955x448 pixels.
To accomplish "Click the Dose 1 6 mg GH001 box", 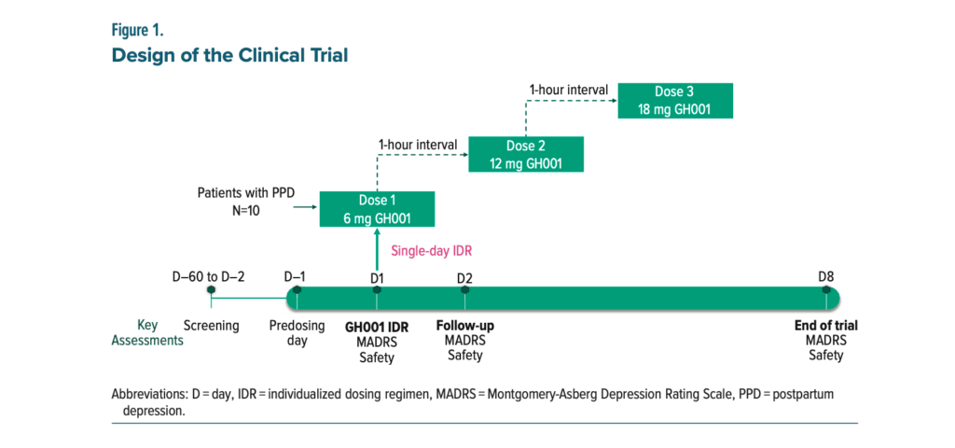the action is coord(377,209).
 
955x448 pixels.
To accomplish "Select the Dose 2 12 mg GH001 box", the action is coord(526,154).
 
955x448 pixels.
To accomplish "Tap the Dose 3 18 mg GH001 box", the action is coord(675,101).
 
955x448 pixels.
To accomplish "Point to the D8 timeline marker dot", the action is coord(826,290).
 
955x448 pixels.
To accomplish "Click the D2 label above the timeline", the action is coord(464,278).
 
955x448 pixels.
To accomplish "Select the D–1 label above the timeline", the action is coord(295,277).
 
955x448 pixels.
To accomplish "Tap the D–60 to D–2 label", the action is coord(209,277).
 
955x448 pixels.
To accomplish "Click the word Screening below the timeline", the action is coord(212,326).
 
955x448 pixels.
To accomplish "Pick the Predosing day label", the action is coord(297,333).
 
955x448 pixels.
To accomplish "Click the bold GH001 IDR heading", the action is coord(377,328).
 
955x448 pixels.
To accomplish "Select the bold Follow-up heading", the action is coord(465,326).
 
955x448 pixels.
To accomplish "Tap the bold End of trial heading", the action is coord(826,326).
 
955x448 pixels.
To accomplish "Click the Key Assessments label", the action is coord(147,333).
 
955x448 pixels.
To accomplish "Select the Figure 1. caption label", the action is coord(137,31).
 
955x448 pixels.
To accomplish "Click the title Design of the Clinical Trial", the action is coord(229,55).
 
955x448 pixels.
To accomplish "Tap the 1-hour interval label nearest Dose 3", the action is coord(568,91).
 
